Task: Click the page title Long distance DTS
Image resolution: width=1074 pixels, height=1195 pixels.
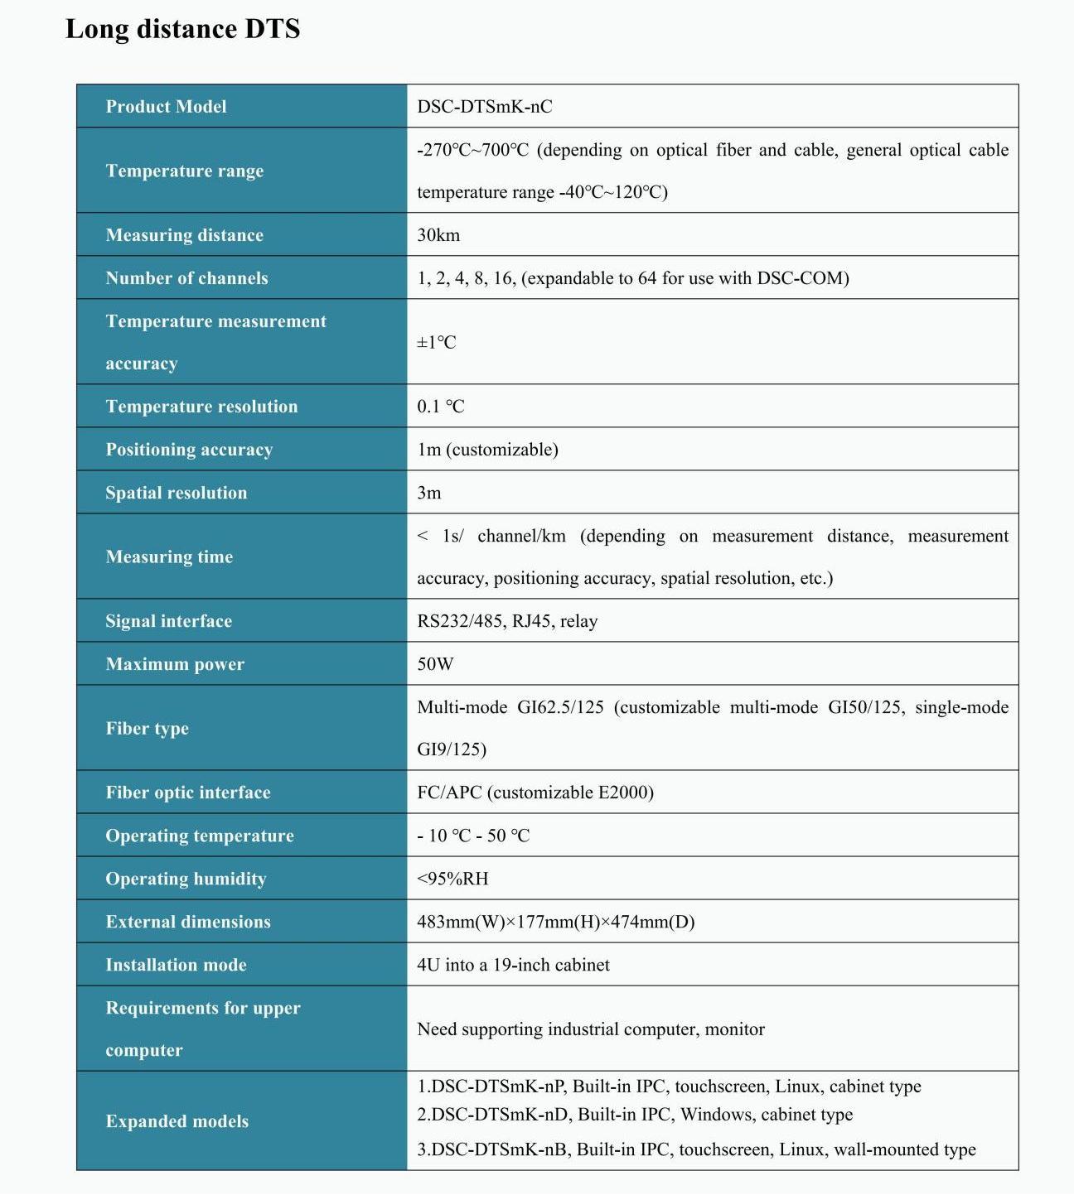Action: coord(182,29)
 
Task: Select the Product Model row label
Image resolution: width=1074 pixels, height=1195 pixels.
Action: coord(166,107)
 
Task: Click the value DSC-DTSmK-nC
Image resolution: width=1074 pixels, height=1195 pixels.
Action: coord(484,107)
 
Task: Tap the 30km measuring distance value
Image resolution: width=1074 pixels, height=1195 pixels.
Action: coord(438,235)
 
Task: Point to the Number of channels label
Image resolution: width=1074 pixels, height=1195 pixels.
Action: coord(186,278)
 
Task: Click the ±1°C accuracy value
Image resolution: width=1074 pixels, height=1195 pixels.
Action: coord(437,342)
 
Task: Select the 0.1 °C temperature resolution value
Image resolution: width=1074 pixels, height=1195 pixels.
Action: coord(440,407)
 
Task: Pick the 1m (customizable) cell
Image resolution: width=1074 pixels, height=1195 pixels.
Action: coord(487,450)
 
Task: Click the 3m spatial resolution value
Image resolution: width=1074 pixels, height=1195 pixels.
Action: coord(429,493)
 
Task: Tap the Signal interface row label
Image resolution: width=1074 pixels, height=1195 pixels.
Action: coord(168,621)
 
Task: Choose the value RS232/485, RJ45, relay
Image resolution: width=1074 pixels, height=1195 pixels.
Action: coord(507,621)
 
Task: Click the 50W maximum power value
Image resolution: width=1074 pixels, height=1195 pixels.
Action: coord(435,664)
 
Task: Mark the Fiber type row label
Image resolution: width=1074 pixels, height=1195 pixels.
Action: coord(147,729)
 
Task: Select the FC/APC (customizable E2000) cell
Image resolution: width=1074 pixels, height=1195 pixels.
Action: coord(535,793)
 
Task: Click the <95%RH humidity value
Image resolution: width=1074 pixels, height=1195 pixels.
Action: coord(452,879)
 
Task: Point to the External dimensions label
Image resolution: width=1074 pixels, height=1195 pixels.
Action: coord(188,922)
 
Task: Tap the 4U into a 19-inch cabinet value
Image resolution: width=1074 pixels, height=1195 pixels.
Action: coord(513,965)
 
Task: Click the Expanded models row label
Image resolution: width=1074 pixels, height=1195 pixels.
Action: coord(177,1121)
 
